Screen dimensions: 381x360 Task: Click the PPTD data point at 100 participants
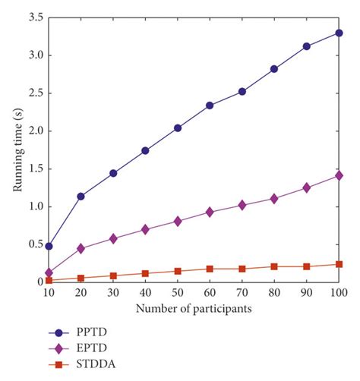coord(339,33)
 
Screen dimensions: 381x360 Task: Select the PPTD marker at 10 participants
coord(49,246)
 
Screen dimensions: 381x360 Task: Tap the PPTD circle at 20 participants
coord(81,196)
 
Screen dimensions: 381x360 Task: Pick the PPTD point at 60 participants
coord(210,105)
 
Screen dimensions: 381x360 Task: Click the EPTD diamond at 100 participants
coord(339,175)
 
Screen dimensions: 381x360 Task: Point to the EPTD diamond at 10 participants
coord(49,272)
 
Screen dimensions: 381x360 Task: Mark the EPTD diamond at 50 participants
coord(178,221)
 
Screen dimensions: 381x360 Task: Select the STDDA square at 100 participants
coord(339,264)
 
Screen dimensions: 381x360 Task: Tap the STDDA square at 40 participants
coord(145,273)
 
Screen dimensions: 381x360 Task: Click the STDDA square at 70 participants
coord(242,269)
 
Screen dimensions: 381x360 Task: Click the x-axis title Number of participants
coord(194,309)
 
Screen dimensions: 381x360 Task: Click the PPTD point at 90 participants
coord(307,46)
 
